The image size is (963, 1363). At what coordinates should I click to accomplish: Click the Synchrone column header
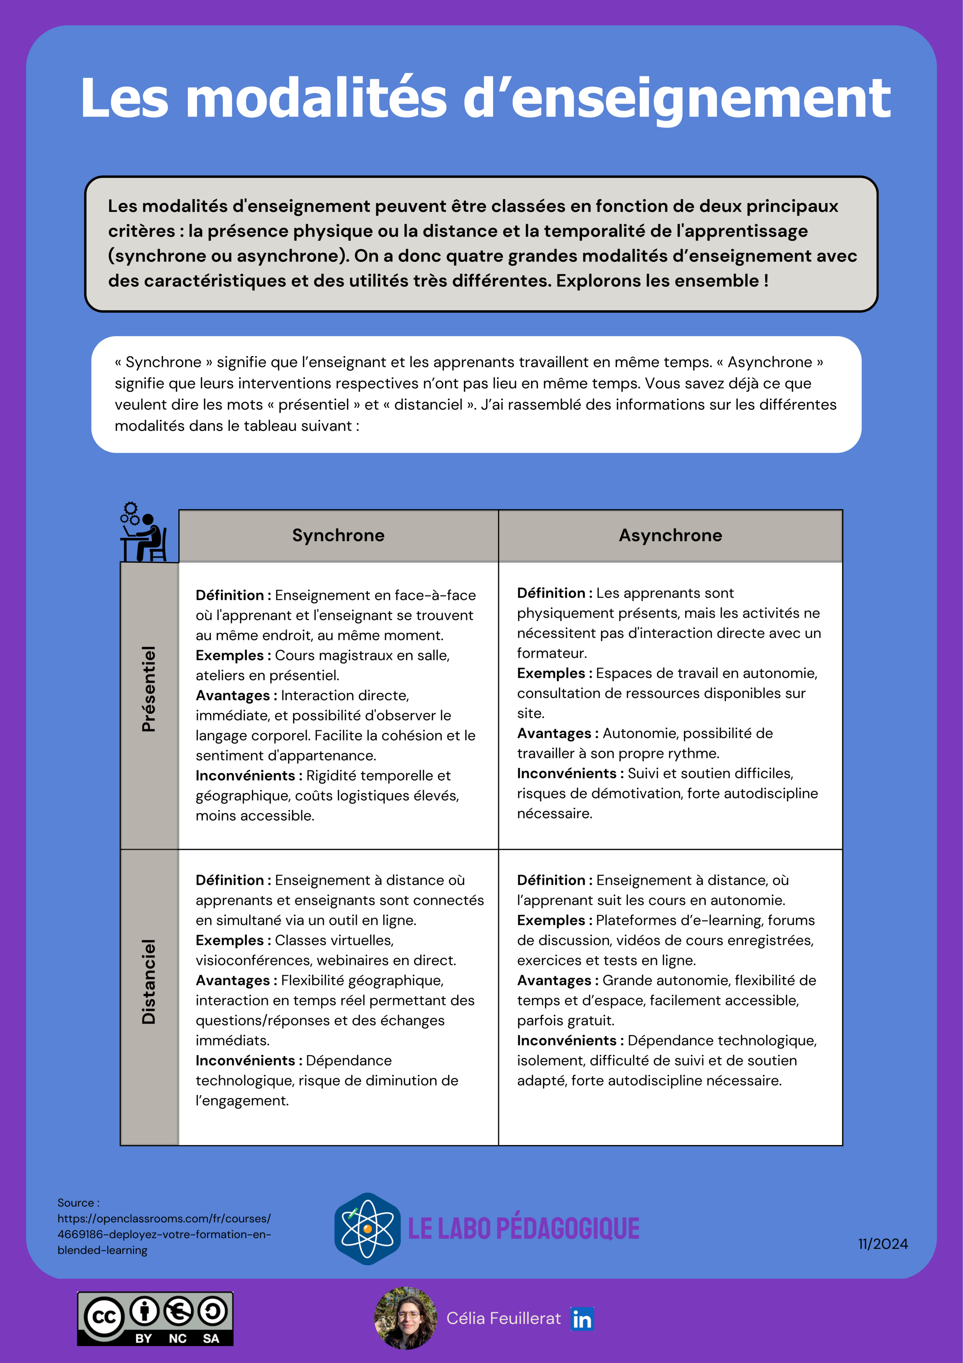[x=338, y=536]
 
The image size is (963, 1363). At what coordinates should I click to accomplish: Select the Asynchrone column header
[x=670, y=536]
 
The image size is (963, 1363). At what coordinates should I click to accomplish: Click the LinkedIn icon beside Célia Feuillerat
[x=582, y=1319]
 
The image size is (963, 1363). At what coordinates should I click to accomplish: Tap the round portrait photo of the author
[x=406, y=1318]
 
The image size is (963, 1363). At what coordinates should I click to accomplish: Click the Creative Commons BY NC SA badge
[x=155, y=1319]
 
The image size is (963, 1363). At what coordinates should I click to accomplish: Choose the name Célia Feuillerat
[x=503, y=1319]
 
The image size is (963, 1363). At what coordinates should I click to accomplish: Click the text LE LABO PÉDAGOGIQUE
[x=523, y=1228]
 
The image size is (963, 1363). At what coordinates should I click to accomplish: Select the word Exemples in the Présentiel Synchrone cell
[x=229, y=655]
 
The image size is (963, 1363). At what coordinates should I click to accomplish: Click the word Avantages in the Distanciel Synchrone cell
[x=232, y=980]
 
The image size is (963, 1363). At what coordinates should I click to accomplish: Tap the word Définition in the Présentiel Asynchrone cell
[x=551, y=593]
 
